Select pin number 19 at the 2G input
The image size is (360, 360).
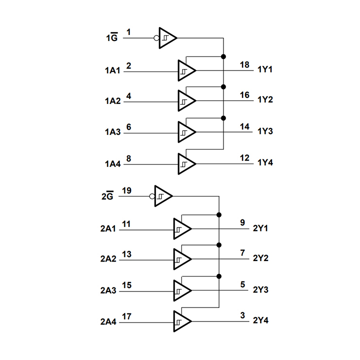tap(126, 190)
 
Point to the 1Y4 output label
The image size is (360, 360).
tap(265, 163)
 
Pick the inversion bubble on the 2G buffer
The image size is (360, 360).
tap(152, 196)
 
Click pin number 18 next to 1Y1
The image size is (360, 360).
tap(244, 65)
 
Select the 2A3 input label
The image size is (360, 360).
tap(108, 290)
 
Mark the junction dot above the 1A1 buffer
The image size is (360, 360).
tap(223, 56)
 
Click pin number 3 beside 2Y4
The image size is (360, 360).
tap(243, 315)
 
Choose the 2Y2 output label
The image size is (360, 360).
tap(260, 258)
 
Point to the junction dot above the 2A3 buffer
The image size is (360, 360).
tap(219, 276)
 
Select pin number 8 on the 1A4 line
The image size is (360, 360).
tap(128, 158)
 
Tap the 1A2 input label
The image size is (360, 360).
tap(112, 101)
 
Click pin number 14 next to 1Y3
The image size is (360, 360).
tap(244, 127)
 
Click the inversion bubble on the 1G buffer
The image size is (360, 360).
tap(157, 37)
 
